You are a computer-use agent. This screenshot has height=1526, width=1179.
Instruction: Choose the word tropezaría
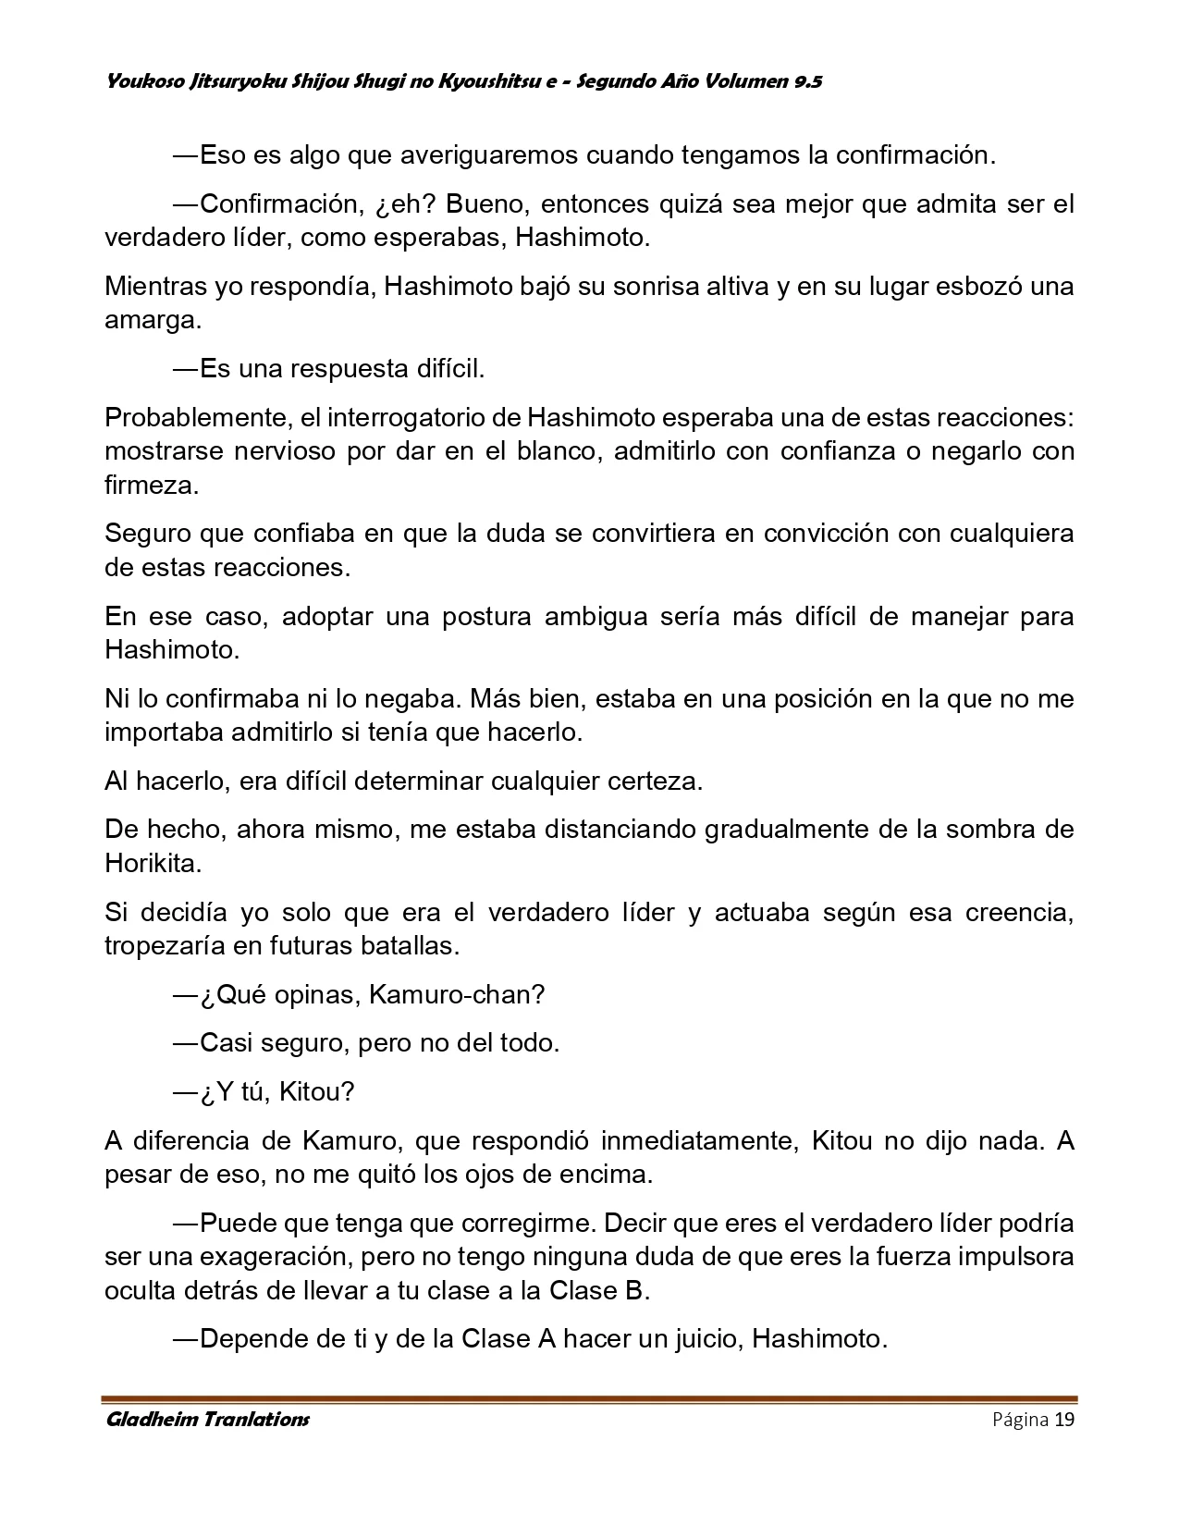click(161, 946)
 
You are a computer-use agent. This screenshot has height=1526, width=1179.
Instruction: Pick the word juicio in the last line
click(698, 1338)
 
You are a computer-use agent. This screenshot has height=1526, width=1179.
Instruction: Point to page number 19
click(1063, 1420)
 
